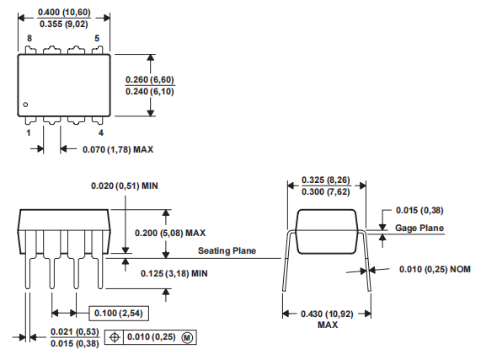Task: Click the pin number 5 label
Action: tap(97, 39)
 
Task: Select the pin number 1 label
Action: tap(29, 133)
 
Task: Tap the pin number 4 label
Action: tap(100, 133)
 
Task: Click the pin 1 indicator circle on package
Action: tap(27, 105)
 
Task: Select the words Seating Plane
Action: tap(227, 250)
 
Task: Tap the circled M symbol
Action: tap(187, 336)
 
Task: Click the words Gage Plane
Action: tap(419, 228)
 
